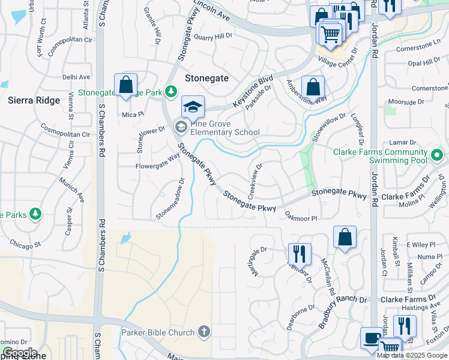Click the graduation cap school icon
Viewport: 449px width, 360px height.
pos(193,107)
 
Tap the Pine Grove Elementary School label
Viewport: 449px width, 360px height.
pos(224,127)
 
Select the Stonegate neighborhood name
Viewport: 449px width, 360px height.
pos(206,78)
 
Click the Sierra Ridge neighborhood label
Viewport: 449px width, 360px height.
pos(34,100)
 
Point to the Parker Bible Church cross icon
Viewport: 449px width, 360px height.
pos(204,332)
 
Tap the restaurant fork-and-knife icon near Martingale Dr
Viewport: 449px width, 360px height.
pos(300,253)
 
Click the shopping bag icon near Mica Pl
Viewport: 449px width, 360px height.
pos(125,85)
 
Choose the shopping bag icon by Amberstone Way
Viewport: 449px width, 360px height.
pos(313,87)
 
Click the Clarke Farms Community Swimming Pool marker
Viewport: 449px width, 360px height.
pos(437,157)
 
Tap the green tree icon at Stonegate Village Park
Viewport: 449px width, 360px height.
pos(172,91)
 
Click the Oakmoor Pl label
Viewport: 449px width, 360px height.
pos(300,217)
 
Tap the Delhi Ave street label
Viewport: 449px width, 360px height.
pos(76,77)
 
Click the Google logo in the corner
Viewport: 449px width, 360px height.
pos(20,353)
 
